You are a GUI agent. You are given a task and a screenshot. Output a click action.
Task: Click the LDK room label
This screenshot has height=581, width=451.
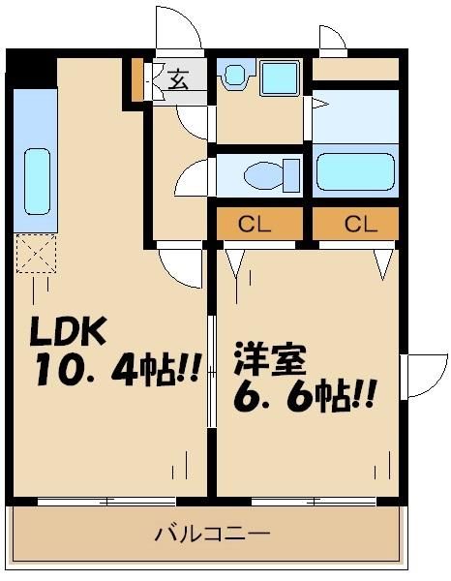coord(70,333)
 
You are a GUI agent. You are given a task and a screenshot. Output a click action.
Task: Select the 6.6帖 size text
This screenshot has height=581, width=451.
coord(302,395)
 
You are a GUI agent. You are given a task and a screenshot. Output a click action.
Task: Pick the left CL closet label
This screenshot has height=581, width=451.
coord(256,225)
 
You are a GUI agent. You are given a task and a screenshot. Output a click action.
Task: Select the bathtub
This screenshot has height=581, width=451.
coord(355,171)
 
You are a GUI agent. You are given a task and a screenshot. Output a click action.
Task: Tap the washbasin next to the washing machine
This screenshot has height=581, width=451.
coord(232,76)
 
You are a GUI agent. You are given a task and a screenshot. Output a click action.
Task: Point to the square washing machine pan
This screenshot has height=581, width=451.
coord(279,76)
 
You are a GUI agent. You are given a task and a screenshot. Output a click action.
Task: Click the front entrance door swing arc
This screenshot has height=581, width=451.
coord(179,27)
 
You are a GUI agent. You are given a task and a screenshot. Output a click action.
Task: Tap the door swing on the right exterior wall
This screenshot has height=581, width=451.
coord(421,378)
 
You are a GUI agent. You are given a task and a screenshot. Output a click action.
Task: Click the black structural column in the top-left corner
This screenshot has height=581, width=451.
coord(30,69)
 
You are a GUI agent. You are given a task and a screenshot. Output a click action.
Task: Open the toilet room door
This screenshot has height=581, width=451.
coord(196,178)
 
